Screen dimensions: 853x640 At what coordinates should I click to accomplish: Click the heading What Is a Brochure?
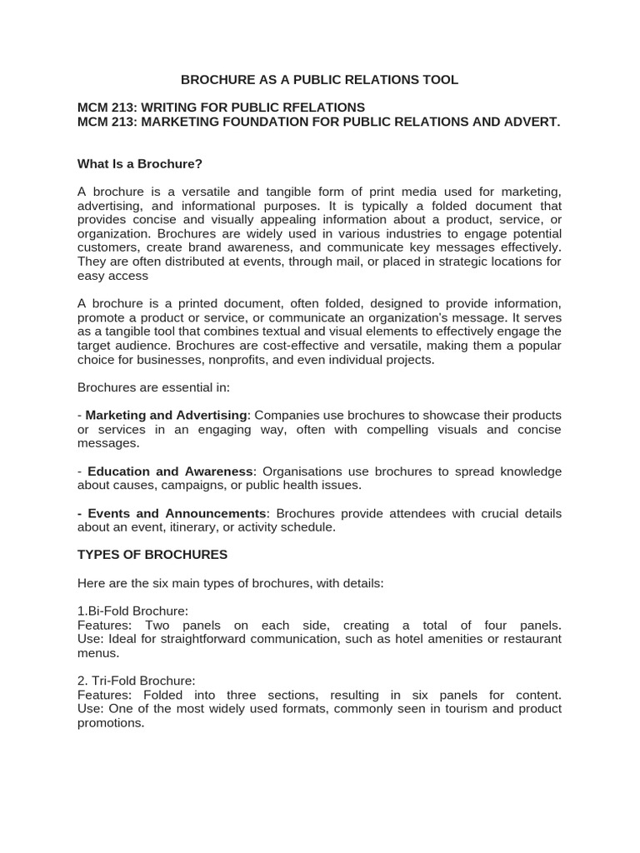[140, 163]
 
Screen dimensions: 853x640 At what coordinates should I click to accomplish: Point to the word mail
[333, 262]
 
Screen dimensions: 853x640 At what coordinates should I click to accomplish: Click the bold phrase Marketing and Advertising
[167, 416]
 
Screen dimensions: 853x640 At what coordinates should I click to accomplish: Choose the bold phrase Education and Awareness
[170, 471]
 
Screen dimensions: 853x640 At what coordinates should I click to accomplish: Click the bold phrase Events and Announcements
[177, 513]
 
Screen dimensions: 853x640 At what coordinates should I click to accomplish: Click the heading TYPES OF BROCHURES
[152, 555]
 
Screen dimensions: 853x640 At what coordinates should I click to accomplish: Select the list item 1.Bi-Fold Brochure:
[133, 611]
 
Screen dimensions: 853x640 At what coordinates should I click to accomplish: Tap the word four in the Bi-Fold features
[490, 625]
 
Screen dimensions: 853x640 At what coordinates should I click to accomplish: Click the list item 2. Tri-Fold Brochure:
[136, 681]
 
